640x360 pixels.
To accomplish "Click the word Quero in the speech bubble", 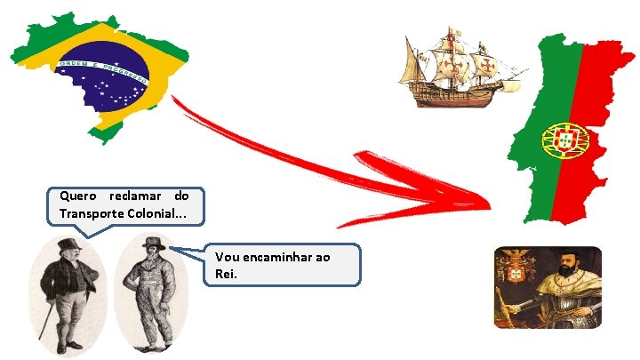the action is tap(78, 196).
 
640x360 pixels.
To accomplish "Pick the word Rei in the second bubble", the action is tap(226, 274).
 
